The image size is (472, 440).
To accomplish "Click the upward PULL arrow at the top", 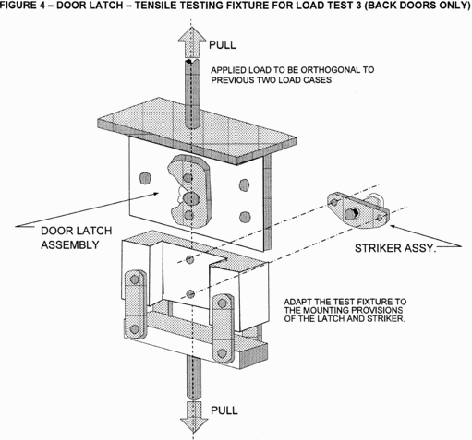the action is tap(192, 42).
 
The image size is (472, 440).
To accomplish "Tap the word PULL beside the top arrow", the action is tap(223, 45).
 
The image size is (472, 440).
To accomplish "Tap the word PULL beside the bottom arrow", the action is tap(224, 410).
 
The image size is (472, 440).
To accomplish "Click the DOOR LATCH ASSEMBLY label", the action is tap(77, 238).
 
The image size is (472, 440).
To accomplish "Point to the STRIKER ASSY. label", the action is tap(395, 248).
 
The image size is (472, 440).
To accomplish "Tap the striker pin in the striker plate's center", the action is tap(350, 214).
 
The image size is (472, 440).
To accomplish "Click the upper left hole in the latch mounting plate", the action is tap(145, 178).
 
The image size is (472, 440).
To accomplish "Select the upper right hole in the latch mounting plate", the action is tap(244, 185).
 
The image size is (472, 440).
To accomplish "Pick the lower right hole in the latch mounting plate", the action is tap(245, 217).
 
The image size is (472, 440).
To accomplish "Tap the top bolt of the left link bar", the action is tap(135, 279).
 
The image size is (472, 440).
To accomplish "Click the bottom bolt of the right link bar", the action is tap(222, 353).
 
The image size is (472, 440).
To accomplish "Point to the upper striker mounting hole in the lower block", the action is tap(190, 260).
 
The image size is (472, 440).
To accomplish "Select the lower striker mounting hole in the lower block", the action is tap(190, 294).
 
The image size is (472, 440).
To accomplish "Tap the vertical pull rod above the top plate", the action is tap(192, 94).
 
